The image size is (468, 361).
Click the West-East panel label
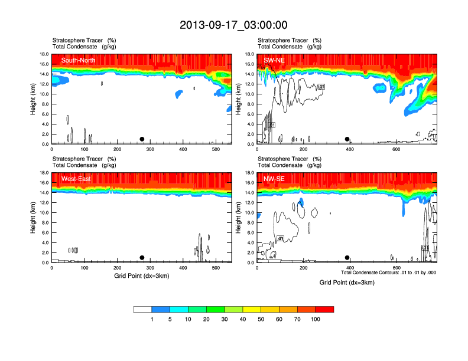(76, 179)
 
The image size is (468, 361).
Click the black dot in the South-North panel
(142, 139)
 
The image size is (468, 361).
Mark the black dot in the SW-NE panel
(347, 139)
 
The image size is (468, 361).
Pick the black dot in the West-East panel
(142, 258)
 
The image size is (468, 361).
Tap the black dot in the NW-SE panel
(347, 258)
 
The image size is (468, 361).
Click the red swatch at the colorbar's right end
(324, 309)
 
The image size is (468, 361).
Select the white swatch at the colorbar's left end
(142, 309)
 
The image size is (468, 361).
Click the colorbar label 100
(316, 319)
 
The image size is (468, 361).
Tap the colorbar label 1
(152, 319)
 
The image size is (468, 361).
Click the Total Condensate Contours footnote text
(388, 273)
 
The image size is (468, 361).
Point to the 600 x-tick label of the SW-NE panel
(396, 149)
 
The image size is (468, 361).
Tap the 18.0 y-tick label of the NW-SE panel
(249, 173)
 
